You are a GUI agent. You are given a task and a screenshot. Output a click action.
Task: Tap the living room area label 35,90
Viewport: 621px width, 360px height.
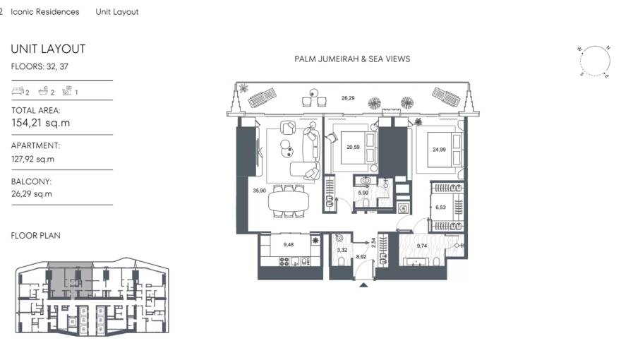(x=258, y=191)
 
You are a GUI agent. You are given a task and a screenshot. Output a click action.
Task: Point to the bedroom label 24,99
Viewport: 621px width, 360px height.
(x=439, y=149)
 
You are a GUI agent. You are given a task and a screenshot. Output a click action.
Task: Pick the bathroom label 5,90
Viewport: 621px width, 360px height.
(x=363, y=193)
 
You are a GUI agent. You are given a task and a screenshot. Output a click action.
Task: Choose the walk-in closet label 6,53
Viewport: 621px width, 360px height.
(x=440, y=208)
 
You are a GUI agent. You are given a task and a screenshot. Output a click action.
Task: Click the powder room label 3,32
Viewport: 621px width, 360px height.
(x=342, y=250)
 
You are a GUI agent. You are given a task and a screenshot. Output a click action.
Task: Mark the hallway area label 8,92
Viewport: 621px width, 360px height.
(x=361, y=258)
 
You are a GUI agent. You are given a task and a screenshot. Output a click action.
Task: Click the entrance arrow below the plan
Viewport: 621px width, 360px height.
(x=363, y=284)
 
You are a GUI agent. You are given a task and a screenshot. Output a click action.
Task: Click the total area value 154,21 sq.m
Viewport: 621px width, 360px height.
(x=40, y=123)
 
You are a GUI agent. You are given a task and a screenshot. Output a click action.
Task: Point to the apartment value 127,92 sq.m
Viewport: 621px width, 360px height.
(x=32, y=159)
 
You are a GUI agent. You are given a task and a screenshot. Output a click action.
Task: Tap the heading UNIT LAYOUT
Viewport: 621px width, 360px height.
(x=48, y=49)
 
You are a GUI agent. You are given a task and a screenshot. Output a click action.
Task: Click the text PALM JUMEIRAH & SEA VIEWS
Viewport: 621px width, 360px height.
(x=351, y=59)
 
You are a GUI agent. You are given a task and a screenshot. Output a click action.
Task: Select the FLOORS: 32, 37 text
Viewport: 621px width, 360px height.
(x=40, y=66)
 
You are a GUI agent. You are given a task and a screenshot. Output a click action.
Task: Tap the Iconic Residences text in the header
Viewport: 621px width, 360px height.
(x=45, y=12)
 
